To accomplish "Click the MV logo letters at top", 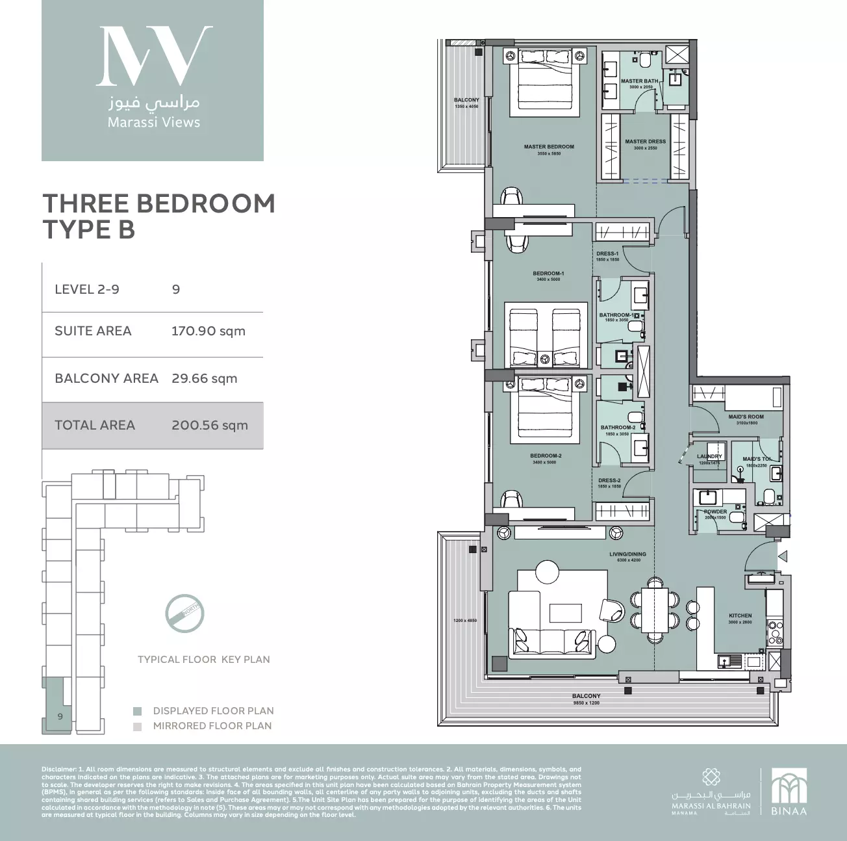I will [x=153, y=57].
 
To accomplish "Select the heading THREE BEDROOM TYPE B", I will [x=158, y=216].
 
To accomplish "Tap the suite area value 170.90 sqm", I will [x=208, y=331].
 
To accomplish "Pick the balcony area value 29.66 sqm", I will [x=204, y=378].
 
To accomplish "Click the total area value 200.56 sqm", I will [x=209, y=425].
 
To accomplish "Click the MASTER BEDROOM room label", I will [x=549, y=147].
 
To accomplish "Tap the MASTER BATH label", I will [x=639, y=81].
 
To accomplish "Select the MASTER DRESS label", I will [x=645, y=142].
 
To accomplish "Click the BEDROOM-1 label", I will [x=548, y=274].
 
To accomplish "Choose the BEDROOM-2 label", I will [x=546, y=456].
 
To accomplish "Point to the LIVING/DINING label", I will [x=627, y=554].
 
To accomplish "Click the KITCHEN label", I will [x=740, y=615].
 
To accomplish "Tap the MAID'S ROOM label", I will [x=746, y=417].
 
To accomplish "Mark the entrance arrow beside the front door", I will [x=783, y=556].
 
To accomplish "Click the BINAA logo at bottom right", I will [x=789, y=793].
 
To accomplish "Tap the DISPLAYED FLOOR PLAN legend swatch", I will [x=137, y=711].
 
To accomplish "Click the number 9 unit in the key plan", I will [x=60, y=716].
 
